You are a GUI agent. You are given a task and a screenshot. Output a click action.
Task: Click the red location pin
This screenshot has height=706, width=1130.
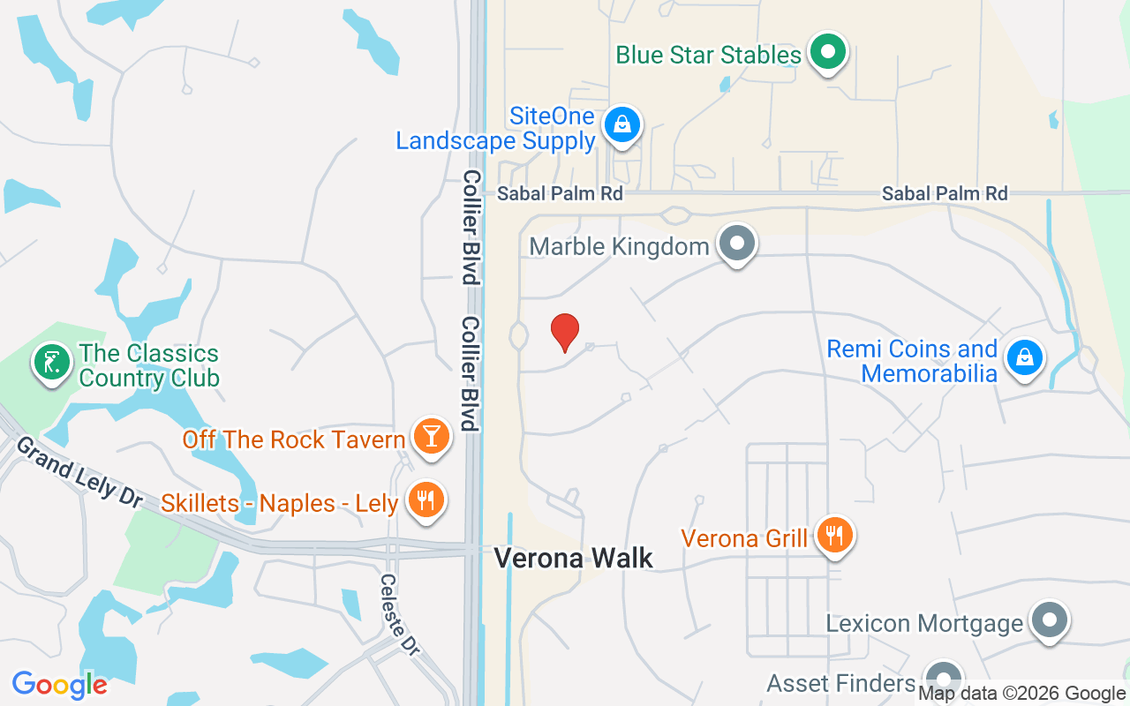coord(565,332)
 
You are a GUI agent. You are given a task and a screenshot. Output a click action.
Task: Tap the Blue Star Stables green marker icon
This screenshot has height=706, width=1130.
coord(827,52)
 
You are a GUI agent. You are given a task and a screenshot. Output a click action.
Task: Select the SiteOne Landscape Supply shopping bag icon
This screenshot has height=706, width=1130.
coord(622,125)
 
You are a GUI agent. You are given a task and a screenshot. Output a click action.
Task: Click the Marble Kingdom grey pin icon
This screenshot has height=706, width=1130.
coord(736,244)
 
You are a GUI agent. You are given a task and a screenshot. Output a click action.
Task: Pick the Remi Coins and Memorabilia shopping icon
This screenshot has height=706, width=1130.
coord(1024,358)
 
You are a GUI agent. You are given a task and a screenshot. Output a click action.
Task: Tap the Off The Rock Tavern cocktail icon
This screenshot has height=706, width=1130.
coord(432,437)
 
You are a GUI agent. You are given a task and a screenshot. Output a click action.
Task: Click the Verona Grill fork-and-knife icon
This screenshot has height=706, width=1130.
coord(833,535)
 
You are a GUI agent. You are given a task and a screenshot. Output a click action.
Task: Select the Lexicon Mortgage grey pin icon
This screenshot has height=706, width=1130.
coord(1049,621)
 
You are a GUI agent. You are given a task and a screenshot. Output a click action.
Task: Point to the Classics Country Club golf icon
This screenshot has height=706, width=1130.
coord(52,363)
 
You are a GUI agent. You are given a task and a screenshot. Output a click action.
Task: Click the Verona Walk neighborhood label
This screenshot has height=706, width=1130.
coord(574,558)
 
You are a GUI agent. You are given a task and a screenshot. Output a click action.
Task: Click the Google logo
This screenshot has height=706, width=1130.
coord(59,685)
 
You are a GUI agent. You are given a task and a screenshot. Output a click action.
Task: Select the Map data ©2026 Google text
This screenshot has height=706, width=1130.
coord(1022,694)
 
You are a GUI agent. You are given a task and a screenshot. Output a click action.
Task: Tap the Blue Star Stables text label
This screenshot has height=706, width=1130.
coord(708,55)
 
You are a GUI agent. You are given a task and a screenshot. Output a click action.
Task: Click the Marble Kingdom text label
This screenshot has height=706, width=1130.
coord(619,246)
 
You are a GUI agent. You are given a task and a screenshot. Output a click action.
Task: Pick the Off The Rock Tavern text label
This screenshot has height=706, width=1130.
coord(294,439)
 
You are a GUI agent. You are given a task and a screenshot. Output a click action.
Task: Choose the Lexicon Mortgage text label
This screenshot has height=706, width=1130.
coord(924,624)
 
